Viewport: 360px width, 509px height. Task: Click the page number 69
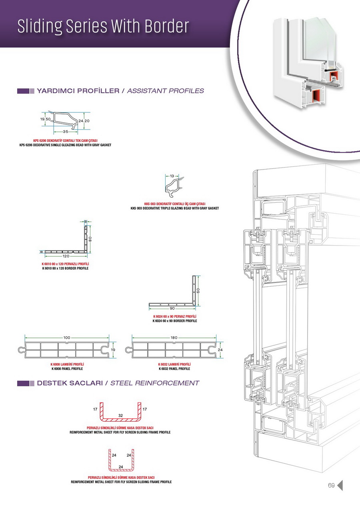331,485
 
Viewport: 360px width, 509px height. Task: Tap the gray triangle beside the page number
340,485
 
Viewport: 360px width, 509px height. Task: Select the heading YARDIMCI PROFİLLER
78,91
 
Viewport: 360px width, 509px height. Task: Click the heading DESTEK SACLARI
68,383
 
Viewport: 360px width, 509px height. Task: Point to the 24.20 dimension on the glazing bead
84,120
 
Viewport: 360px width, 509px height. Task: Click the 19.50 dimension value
45,119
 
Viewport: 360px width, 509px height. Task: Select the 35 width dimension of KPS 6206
65,131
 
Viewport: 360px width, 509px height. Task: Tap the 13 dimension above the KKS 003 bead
172,176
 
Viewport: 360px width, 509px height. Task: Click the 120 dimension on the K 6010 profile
66,255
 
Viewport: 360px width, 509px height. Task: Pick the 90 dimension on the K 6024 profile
172,308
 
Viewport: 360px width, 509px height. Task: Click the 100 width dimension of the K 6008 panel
67,338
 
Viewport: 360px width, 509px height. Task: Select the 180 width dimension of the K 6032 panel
174,338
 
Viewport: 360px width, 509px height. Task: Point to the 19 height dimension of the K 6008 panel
113,350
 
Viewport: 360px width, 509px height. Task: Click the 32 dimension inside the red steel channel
120,415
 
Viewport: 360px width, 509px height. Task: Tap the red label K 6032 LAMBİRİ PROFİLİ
174,364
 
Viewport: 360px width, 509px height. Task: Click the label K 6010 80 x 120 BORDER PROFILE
65,268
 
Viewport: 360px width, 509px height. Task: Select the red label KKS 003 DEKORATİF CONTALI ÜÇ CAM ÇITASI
174,204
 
